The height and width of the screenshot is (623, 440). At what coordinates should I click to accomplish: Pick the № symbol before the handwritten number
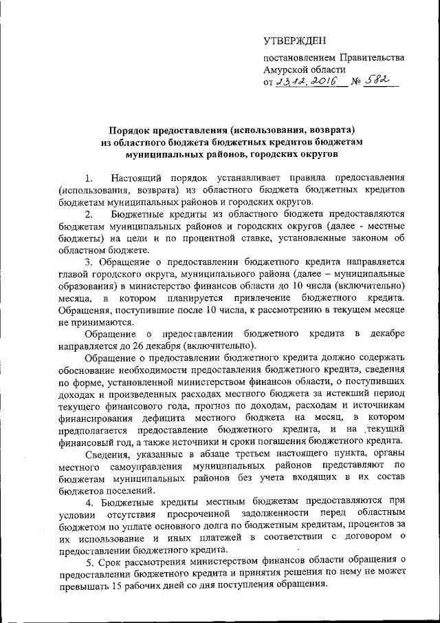(x=356, y=82)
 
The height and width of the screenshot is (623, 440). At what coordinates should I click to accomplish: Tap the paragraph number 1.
(x=90, y=177)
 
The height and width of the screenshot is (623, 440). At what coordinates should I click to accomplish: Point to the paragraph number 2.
(x=90, y=213)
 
